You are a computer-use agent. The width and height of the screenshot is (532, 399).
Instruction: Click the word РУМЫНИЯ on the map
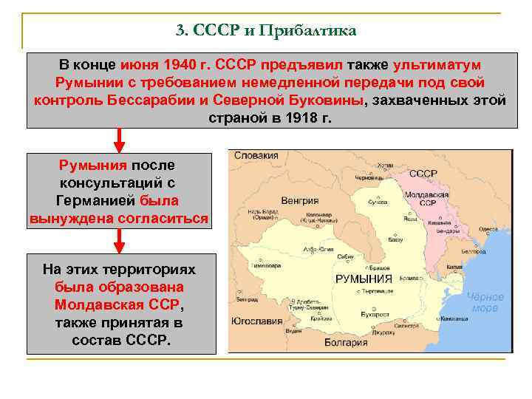tap(364, 279)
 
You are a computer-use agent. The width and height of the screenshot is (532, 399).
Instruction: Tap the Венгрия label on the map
tap(299, 200)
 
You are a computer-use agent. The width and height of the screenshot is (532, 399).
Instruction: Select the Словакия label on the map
tap(256, 155)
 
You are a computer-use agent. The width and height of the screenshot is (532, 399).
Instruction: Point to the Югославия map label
tap(257, 321)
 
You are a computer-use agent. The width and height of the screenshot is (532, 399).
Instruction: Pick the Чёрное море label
tap(485, 302)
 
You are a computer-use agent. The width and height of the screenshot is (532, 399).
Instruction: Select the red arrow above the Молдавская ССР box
tap(120, 239)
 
